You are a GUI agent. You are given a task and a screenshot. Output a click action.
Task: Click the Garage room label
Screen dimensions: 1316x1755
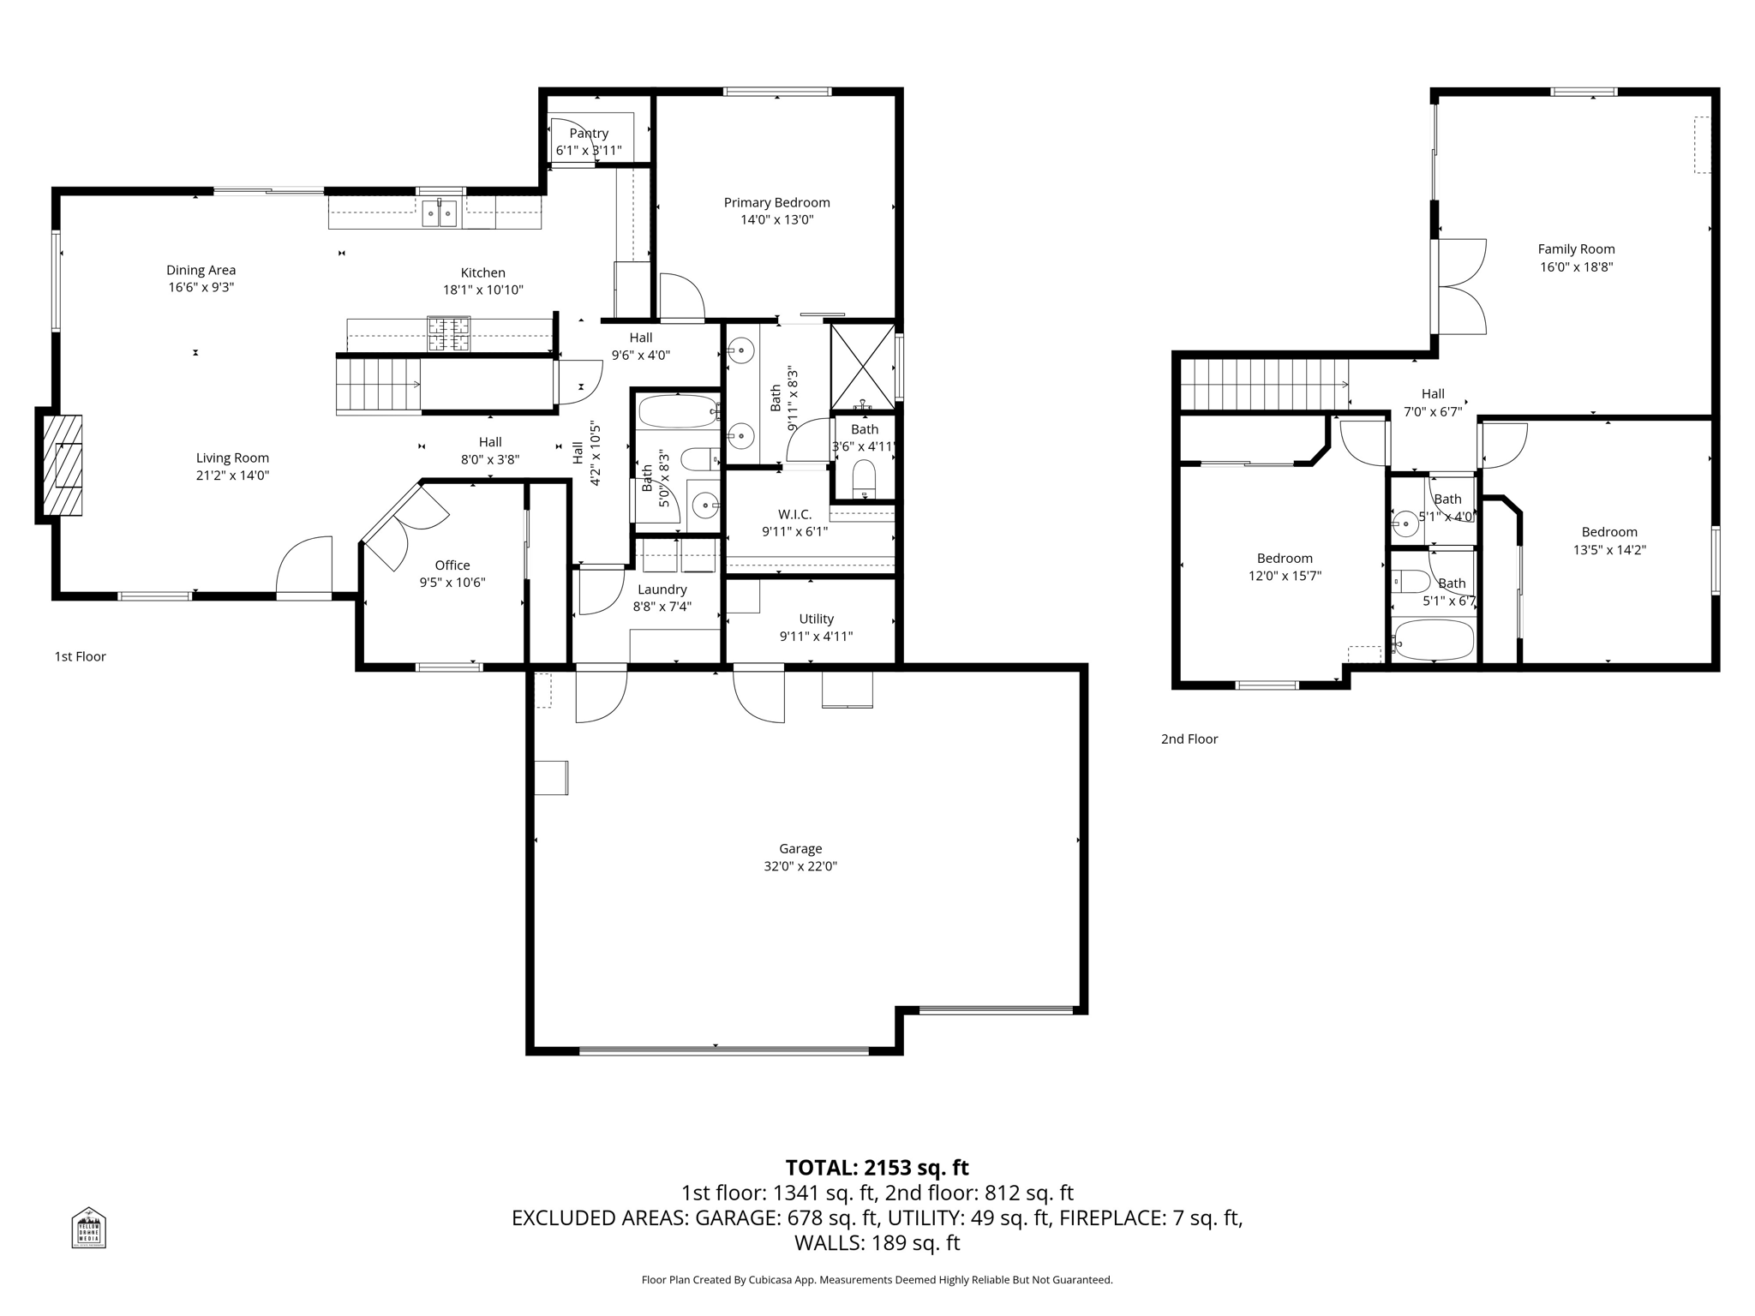800,848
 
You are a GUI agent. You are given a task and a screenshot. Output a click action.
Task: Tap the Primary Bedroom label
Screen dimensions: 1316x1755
776,203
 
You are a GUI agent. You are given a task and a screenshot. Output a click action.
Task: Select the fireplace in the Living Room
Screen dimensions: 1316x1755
63,464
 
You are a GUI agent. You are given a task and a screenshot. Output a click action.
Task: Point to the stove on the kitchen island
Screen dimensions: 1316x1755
449,334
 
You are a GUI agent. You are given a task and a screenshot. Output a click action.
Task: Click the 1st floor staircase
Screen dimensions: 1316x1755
378,385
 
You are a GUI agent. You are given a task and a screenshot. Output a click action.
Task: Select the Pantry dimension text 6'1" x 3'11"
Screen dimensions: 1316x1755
589,151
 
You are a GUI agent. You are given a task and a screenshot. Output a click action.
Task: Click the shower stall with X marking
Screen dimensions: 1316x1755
862,366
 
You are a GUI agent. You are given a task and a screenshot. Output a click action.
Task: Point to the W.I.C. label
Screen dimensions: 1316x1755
794,514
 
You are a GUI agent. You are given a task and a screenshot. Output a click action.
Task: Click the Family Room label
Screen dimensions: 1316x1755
1576,249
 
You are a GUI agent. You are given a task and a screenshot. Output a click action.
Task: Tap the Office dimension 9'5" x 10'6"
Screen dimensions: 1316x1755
452,583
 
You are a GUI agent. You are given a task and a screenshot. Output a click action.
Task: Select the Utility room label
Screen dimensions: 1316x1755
816,619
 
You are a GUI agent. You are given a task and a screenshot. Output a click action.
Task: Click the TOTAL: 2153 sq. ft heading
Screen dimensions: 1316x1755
877,1168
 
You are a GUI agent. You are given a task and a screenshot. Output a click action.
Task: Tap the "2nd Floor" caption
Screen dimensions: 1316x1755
1189,739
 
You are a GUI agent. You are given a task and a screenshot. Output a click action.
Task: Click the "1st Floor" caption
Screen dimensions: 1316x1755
80,656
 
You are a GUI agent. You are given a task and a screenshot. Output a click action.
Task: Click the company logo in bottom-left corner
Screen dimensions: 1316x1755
88,1227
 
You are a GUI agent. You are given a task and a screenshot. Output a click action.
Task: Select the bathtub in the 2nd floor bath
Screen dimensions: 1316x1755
1433,640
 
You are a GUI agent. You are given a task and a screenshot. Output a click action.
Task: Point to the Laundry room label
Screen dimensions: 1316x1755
662,589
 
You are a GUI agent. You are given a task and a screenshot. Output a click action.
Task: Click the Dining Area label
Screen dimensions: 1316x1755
201,270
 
